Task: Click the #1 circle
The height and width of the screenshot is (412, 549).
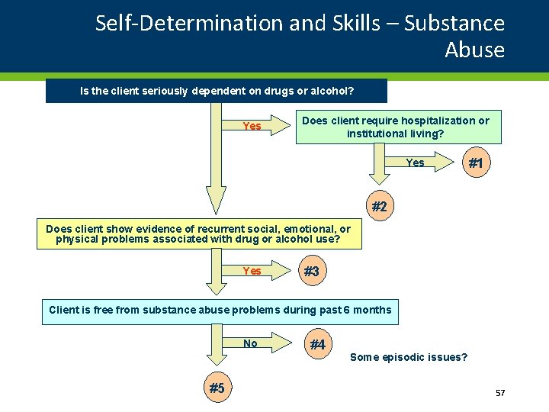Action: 475,163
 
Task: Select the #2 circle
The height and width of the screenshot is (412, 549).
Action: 379,207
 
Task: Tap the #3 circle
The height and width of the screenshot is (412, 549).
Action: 310,272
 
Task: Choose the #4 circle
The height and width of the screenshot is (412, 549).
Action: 317,345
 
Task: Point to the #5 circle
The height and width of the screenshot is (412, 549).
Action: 217,388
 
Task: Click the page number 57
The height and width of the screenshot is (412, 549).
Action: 500,393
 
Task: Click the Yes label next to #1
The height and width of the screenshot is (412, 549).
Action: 416,163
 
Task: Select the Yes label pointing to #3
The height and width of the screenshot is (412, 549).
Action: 252,272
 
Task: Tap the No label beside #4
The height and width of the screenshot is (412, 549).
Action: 250,344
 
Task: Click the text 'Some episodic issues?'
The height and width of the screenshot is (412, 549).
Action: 409,357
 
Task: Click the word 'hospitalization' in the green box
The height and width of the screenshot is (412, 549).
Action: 436,121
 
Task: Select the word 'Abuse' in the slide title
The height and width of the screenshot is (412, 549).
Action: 474,50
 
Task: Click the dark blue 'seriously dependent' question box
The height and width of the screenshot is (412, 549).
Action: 217,91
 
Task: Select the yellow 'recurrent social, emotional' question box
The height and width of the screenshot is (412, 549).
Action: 198,234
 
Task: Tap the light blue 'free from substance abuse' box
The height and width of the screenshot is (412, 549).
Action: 220,310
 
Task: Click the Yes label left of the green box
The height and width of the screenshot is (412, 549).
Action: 252,127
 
